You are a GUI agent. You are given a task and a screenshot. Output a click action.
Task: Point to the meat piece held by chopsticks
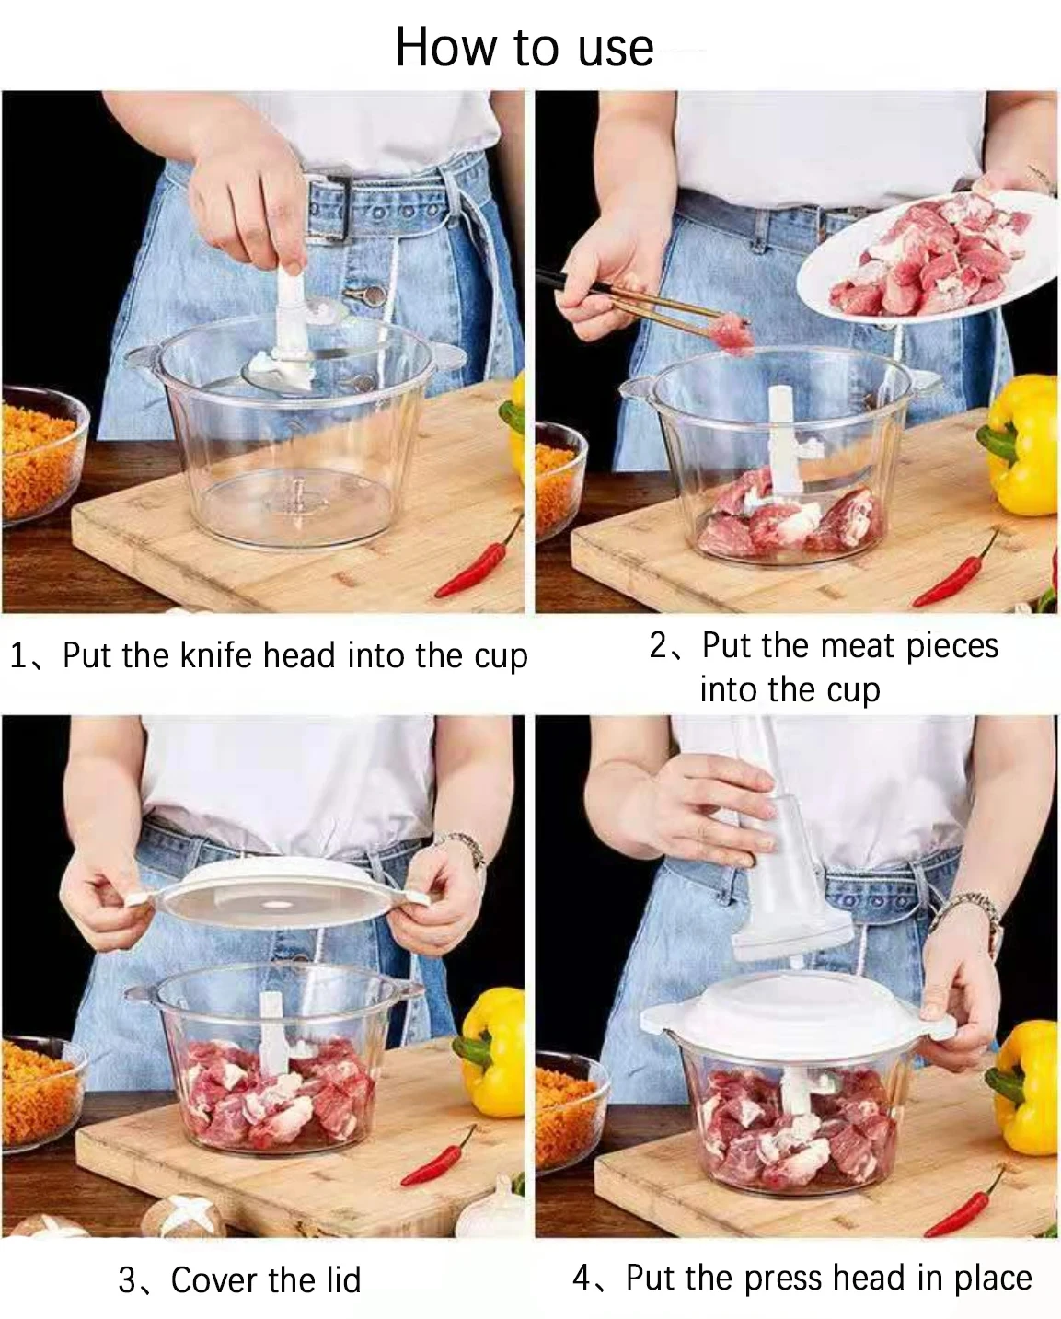(x=735, y=334)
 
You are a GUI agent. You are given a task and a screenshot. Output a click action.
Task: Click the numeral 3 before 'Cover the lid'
(x=127, y=1280)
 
